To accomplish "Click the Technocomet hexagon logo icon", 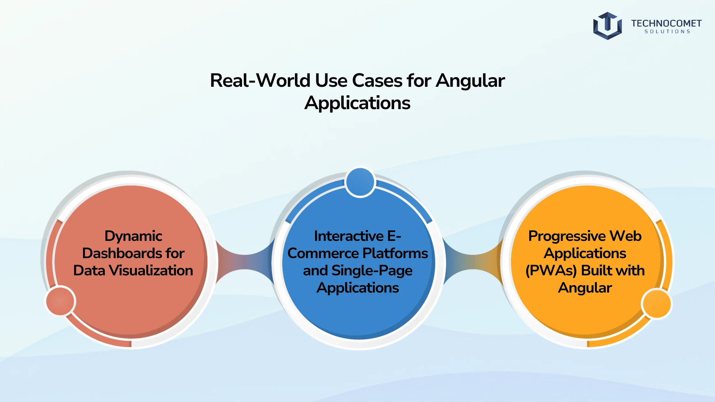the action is tap(607, 26).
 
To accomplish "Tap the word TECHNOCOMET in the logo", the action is tap(666, 23).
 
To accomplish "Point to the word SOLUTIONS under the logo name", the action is tap(667, 32).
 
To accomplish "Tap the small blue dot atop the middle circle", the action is tap(360, 182).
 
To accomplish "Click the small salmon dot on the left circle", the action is tap(60, 301).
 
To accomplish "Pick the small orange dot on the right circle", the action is tap(656, 304).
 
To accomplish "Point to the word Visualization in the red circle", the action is tap(151, 270).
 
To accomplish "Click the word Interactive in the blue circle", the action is tap(349, 236).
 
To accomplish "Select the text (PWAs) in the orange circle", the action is tap(551, 271).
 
